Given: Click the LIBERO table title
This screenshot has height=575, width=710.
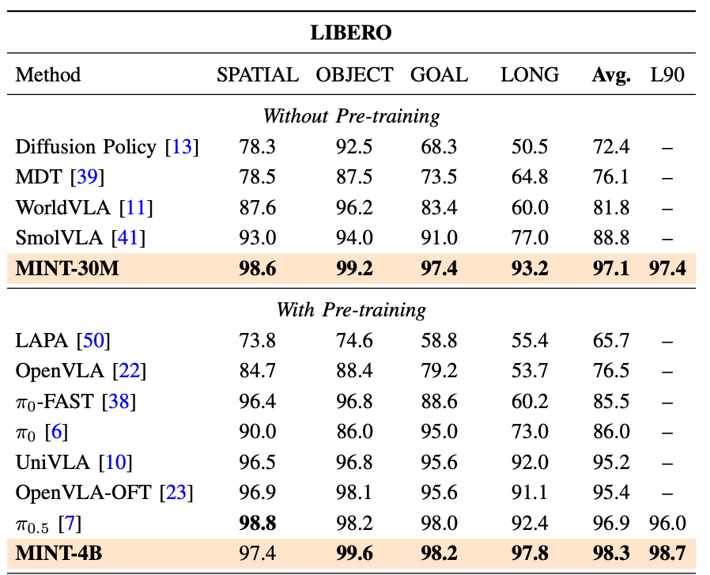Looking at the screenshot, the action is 351,33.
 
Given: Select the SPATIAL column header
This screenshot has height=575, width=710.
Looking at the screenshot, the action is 258,75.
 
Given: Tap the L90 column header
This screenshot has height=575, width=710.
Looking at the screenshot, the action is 667,75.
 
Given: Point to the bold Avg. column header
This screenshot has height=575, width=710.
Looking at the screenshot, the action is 611,75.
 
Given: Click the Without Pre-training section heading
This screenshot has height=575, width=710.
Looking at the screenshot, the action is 351,116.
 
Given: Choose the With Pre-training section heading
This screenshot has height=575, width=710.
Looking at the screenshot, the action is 351,310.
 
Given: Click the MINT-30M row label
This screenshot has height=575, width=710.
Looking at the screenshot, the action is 67,268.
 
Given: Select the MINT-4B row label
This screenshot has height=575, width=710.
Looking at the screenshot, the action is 59,554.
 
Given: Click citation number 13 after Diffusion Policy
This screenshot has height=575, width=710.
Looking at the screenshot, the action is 182,147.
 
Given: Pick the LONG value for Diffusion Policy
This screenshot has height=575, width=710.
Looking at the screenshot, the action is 530,147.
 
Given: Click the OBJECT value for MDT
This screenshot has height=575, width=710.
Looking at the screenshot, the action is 354,176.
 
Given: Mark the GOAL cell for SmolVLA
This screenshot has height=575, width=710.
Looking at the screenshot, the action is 440,237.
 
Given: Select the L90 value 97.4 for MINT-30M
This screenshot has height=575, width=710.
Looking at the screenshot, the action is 667,268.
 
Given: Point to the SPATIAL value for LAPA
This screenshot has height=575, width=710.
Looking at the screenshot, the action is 257,340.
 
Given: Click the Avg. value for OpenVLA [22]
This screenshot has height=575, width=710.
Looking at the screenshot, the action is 611,371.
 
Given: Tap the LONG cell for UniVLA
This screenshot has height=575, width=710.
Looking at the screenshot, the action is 530,462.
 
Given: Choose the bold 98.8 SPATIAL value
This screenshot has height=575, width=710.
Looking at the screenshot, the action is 258,524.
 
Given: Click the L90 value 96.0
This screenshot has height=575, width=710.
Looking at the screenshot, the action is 667,524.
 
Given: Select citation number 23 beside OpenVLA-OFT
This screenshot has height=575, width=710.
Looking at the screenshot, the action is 176,493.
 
